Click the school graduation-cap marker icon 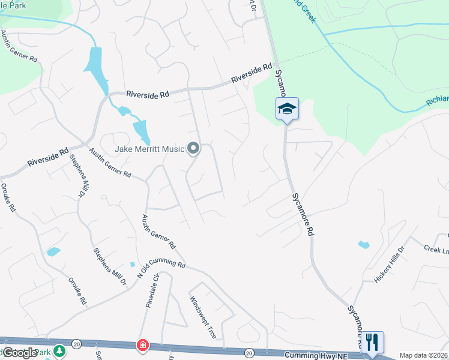(287, 109)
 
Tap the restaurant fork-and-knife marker (372, 343)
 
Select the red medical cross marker (142, 345)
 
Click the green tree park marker (59, 349)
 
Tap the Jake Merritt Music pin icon (193, 147)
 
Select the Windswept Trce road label (202, 317)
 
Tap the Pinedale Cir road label (151, 292)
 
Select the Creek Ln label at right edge (436, 248)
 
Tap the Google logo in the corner (19, 352)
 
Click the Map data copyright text (424, 355)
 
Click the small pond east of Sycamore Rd (363, 244)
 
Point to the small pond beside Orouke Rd (53, 251)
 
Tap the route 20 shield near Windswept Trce (249, 352)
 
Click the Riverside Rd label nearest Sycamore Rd (252, 74)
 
